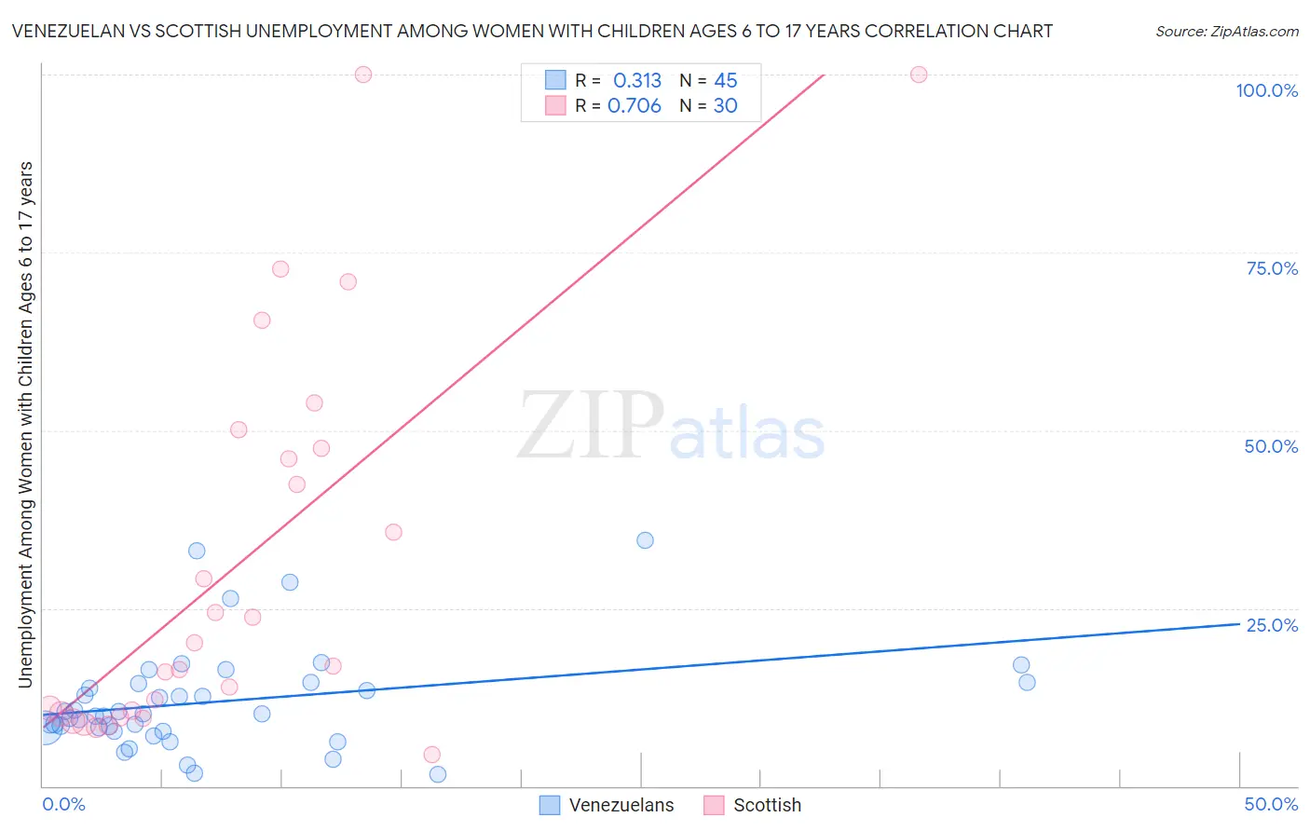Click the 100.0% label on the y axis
tap(1266, 90)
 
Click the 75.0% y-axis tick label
tap(1272, 268)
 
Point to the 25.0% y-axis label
tap(1272, 625)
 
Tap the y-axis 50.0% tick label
tap(1271, 446)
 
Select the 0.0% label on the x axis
tap(63, 804)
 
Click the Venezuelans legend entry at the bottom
tap(621, 805)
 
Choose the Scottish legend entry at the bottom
tap(766, 805)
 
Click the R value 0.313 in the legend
tap(637, 81)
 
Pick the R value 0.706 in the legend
tap(635, 106)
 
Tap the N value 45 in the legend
tap(725, 81)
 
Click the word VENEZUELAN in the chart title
tap(66, 31)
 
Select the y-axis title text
tap(25, 425)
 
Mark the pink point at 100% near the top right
tap(919, 75)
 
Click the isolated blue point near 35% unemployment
tap(645, 540)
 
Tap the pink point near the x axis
tap(431, 755)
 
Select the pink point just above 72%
tap(280, 269)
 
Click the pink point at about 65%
tap(262, 320)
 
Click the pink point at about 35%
tap(393, 532)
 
